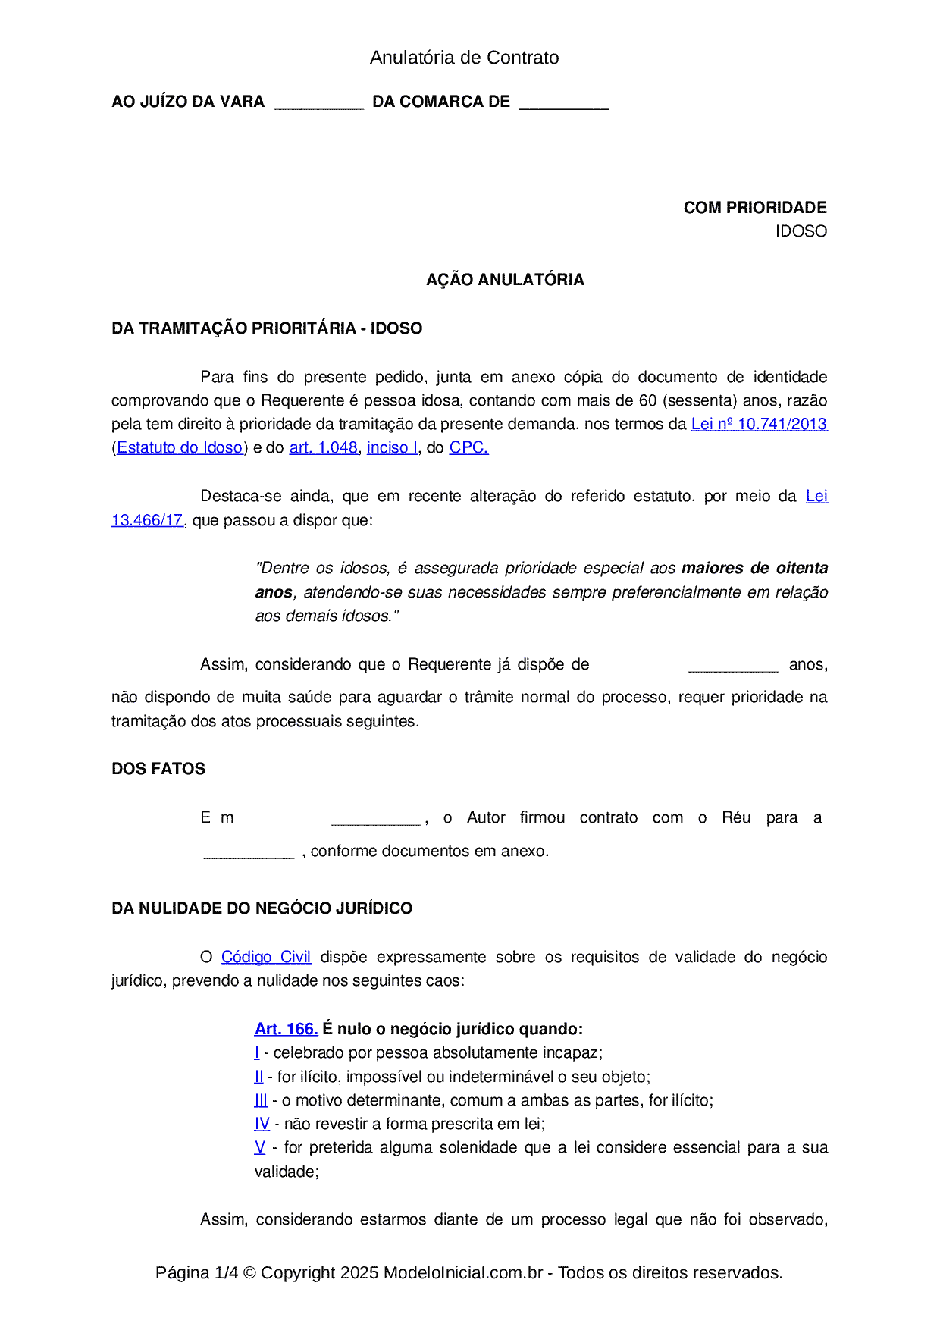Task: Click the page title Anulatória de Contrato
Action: (x=464, y=58)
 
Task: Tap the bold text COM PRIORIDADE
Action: (x=754, y=208)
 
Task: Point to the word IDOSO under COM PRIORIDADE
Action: (x=801, y=231)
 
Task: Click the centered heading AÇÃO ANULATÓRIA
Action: (x=505, y=280)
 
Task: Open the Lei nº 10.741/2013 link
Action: (x=759, y=424)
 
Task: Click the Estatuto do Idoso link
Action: (x=180, y=447)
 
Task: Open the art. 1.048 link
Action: (x=323, y=447)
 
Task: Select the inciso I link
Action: (x=392, y=447)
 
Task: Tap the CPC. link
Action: (x=468, y=447)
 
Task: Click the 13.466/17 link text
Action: (x=147, y=520)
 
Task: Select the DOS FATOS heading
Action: (x=158, y=769)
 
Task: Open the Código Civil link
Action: (x=265, y=957)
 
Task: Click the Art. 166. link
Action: (x=286, y=1029)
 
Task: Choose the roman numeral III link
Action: (x=261, y=1100)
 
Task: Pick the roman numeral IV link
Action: (x=262, y=1124)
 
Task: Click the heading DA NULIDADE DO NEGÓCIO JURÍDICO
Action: (x=262, y=908)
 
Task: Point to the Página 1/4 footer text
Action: (x=196, y=1272)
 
